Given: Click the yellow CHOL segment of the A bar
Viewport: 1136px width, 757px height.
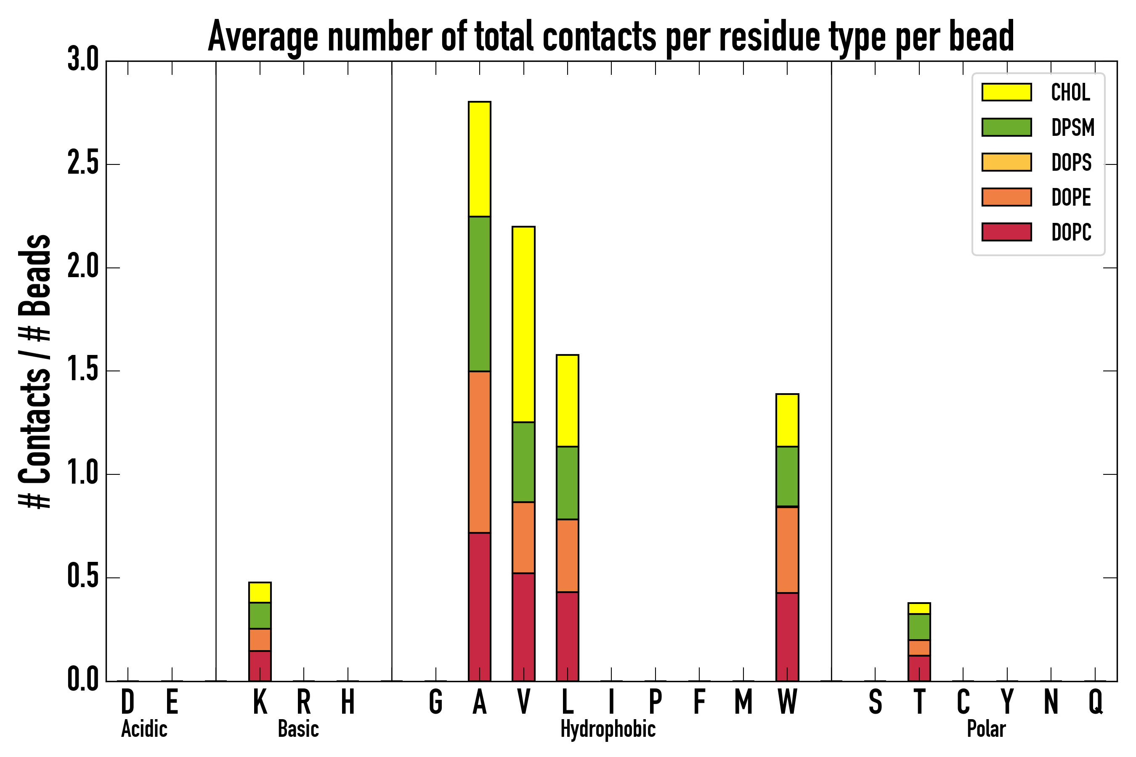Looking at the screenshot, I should [479, 159].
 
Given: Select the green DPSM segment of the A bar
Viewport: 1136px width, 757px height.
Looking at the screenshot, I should [479, 294].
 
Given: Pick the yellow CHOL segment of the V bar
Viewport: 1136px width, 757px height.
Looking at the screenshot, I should [523, 324].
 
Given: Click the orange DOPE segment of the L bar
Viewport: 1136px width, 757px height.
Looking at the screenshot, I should [567, 556].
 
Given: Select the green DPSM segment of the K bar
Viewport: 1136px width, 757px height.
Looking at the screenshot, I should [260, 616].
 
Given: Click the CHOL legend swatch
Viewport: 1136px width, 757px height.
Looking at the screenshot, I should [1006, 92].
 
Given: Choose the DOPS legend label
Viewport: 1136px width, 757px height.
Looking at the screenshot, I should [1071, 162].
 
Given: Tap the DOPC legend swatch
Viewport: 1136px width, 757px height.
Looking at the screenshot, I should [1006, 232].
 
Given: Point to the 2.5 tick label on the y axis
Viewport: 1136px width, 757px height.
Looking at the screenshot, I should [82, 164].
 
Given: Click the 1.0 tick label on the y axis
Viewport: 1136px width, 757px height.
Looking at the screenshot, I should [82, 474].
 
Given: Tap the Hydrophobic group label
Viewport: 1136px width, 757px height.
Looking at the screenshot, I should [608, 729].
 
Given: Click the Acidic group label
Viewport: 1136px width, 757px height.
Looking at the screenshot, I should [144, 729].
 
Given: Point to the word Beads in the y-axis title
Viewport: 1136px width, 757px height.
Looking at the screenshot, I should [35, 275].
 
